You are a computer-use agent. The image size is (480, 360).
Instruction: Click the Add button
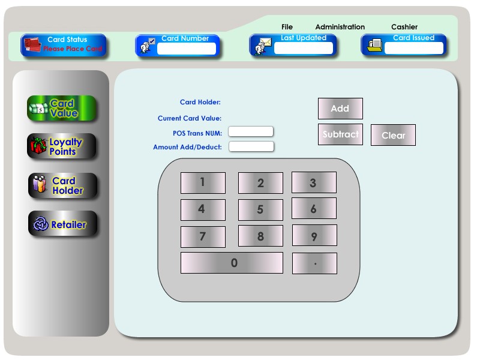click(340, 109)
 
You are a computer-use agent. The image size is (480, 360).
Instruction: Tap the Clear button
click(393, 135)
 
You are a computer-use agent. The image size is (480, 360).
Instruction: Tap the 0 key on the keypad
click(232, 263)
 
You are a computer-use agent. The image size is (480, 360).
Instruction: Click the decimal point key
click(314, 263)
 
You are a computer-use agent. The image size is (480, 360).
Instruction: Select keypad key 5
click(260, 210)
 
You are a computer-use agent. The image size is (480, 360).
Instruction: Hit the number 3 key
click(314, 182)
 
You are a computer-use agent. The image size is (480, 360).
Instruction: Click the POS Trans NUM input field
click(251, 131)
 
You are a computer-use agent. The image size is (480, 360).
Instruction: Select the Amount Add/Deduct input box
click(251, 146)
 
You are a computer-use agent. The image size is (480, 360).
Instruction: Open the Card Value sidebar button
click(62, 109)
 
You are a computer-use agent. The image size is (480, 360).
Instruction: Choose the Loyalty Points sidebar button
click(62, 146)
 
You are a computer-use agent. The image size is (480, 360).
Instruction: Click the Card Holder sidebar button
click(62, 186)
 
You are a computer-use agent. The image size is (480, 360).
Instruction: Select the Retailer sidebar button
click(62, 224)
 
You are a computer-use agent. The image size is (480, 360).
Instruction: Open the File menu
click(287, 27)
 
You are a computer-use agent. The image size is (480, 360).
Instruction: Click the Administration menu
click(340, 27)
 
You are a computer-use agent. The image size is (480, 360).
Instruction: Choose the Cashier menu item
click(404, 27)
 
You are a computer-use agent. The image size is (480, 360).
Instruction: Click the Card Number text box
click(186, 49)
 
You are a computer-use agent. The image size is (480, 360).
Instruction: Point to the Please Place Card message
click(73, 49)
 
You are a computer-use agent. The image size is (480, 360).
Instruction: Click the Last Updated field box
click(303, 49)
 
